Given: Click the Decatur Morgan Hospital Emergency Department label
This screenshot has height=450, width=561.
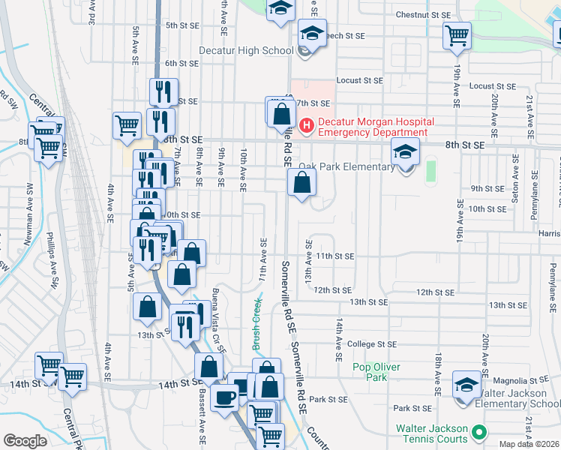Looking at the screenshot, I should tap(373, 127).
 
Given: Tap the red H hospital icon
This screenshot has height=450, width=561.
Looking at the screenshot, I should tap(306, 124).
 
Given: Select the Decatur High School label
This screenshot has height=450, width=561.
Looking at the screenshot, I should tap(246, 50).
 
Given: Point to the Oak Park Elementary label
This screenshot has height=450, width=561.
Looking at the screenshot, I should tap(346, 166).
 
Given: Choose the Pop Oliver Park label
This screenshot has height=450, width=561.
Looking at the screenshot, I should tap(376, 372).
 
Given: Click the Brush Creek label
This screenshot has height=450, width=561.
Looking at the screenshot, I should tap(256, 325).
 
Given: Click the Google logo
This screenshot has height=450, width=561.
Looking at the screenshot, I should tap(25, 441).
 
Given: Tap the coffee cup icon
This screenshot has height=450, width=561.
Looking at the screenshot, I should tap(224, 397).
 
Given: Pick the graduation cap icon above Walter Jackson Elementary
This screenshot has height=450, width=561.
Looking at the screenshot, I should tap(466, 385).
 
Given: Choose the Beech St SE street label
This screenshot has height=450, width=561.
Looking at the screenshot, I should tap(345, 35).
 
